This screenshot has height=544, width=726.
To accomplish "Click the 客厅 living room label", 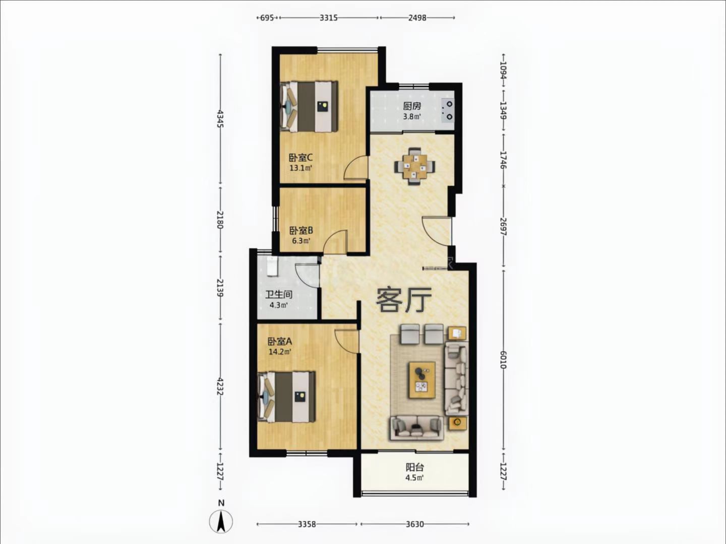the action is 404,300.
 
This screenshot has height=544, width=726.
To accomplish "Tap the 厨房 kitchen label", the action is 412,106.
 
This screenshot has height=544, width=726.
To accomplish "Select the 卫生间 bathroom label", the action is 279,295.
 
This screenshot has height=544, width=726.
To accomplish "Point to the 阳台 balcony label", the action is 415,467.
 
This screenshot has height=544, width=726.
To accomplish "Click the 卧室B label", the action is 301,230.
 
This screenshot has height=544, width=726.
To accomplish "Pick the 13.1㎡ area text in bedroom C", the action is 301,168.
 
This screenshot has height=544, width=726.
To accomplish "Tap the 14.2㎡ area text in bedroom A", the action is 280,352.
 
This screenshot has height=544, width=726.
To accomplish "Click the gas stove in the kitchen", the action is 448,110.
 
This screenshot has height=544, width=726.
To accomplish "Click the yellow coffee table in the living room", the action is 422,380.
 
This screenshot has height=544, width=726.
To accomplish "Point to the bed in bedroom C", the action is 309,106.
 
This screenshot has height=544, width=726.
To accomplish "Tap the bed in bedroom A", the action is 286,397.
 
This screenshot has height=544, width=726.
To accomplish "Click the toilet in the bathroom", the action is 272,266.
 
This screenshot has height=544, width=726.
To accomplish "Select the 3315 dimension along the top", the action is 328,18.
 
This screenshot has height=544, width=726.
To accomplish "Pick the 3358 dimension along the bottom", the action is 307,524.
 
